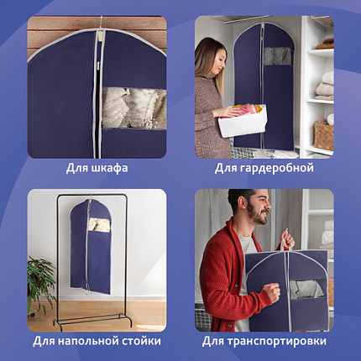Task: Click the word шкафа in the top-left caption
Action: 108,168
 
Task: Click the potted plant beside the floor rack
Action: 39,280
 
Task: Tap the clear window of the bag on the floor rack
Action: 98,224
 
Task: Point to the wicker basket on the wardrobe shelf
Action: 323,133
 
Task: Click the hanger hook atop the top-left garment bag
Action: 101,23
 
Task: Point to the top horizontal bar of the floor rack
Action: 80,196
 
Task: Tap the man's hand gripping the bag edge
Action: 272,294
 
